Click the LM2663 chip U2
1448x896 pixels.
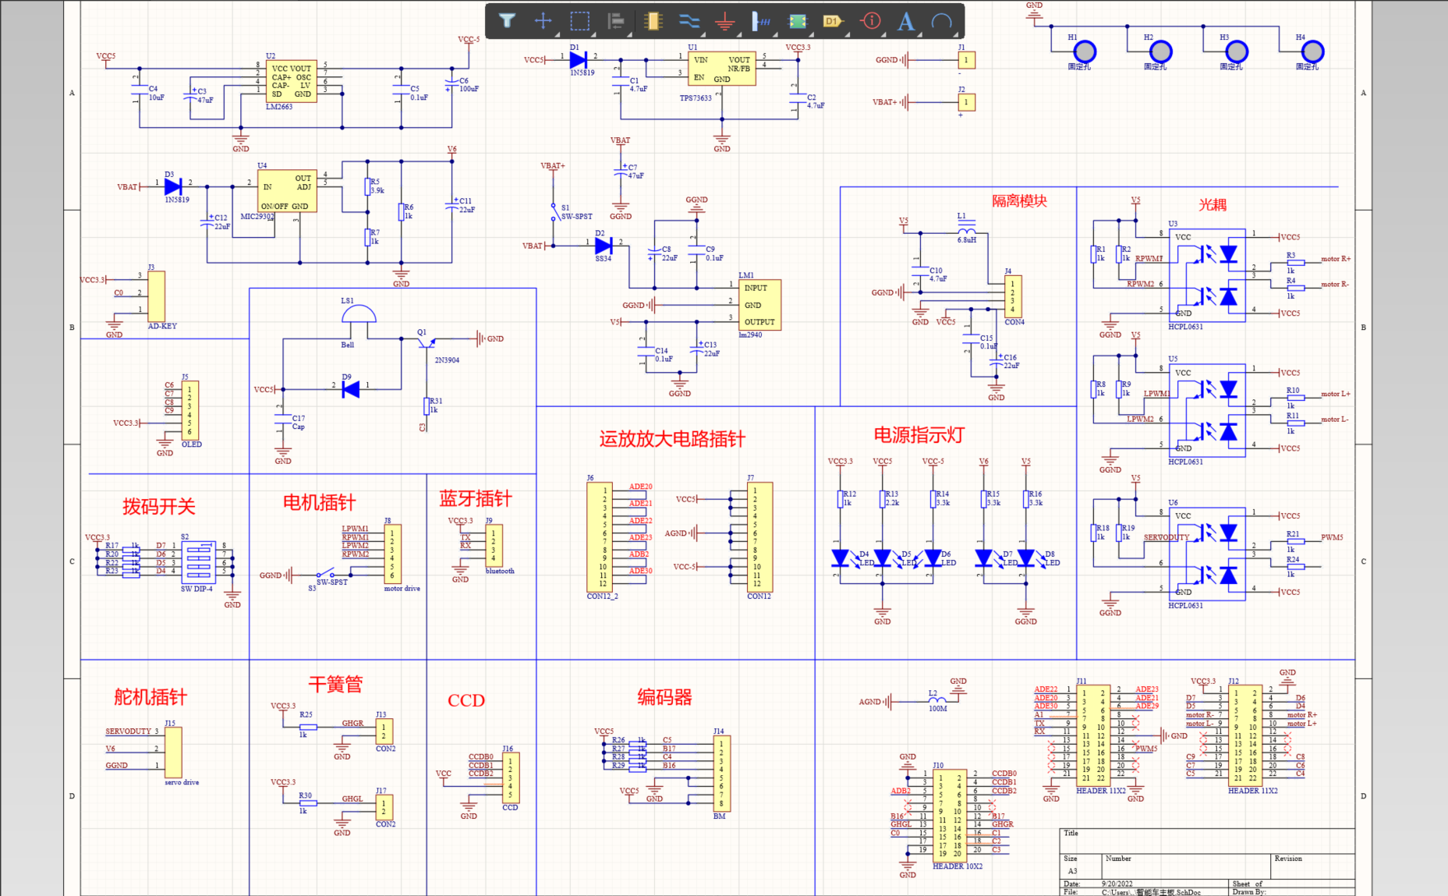tap(292, 81)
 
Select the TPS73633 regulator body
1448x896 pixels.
tap(721, 69)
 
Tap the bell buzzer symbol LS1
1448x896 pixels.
tap(359, 313)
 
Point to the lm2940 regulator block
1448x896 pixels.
tap(759, 305)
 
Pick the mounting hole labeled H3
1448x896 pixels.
tap(1237, 51)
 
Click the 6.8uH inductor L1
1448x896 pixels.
tap(966, 231)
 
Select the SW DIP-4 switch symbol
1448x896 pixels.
tap(198, 561)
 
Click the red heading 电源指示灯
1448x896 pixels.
tap(919, 435)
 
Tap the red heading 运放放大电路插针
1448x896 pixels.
tap(671, 439)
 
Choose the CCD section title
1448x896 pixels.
tap(466, 700)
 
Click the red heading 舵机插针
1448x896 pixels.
tap(150, 697)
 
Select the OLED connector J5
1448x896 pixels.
tap(189, 410)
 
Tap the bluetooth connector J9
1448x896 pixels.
tap(494, 544)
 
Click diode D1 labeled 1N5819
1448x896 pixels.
tap(578, 60)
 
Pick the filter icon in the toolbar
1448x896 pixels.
tap(507, 21)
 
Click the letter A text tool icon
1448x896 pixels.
tap(905, 21)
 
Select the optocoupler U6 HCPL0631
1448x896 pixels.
tap(1206, 554)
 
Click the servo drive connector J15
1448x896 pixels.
tap(173, 751)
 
